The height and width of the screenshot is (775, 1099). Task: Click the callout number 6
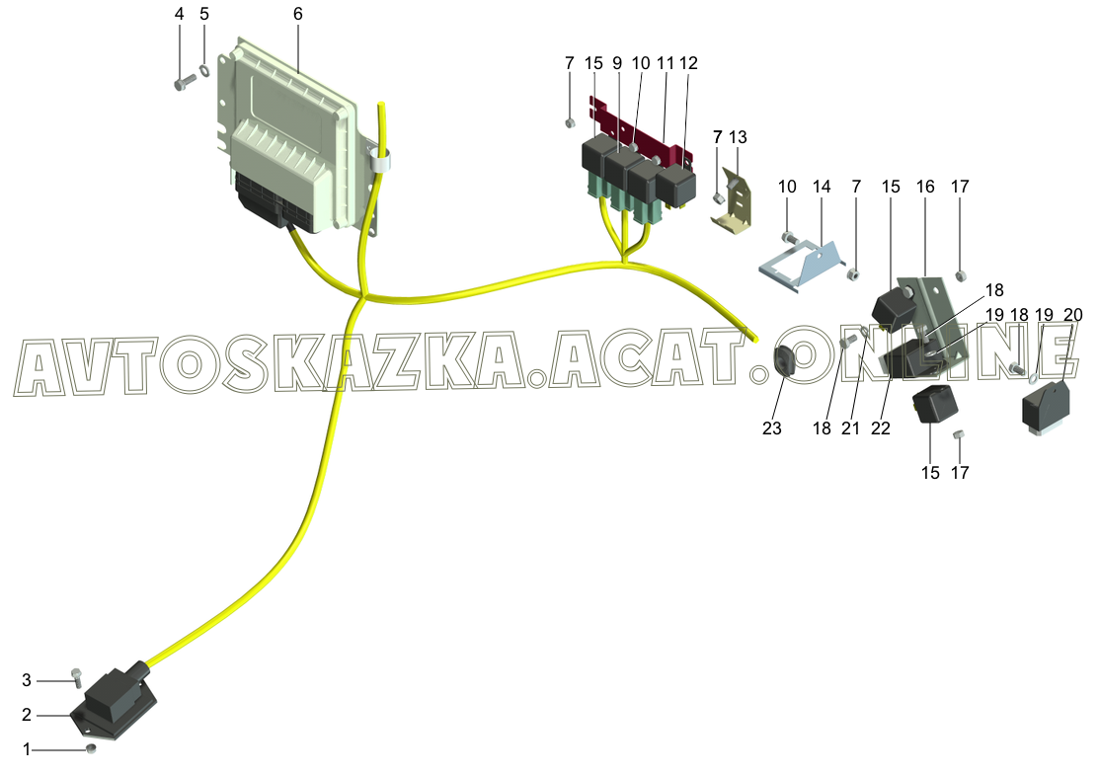298,15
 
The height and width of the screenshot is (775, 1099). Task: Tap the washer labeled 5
204,70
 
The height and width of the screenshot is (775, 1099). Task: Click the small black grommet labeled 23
786,362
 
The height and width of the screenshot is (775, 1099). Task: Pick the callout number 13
738,135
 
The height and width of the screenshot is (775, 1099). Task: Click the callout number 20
1073,315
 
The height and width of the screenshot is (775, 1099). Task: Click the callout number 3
28,680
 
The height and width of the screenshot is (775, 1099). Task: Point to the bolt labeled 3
77,677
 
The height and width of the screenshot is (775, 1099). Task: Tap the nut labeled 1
91,750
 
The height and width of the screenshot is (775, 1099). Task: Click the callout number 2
28,714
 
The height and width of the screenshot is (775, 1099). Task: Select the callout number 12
688,62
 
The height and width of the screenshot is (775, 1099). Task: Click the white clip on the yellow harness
378,159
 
